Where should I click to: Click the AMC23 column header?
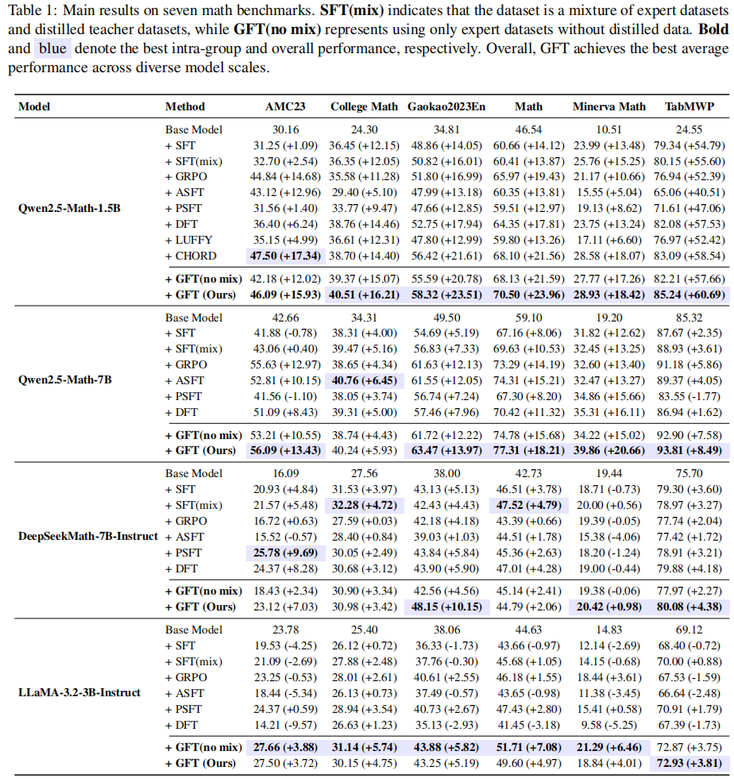point(285,106)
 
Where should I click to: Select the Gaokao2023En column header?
point(446,106)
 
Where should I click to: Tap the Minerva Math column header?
point(608,106)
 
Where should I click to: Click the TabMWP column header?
point(689,106)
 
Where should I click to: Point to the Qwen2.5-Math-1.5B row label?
point(69,208)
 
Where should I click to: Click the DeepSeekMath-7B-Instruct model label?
point(88,536)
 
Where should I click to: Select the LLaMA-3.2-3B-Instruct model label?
point(79,692)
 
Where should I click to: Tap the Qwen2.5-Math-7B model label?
point(65,379)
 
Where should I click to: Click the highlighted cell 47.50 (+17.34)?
point(285,256)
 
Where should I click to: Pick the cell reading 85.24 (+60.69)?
point(689,295)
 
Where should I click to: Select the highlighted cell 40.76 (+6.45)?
point(365,380)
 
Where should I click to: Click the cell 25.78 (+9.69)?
point(285,553)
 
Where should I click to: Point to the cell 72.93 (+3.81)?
point(689,763)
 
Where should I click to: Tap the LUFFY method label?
point(188,240)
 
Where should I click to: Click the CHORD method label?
point(191,256)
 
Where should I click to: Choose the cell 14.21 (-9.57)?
point(285,725)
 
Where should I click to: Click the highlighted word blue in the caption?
point(53,48)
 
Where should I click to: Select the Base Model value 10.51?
point(608,129)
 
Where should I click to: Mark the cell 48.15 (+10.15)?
point(446,607)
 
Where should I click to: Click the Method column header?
point(185,106)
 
